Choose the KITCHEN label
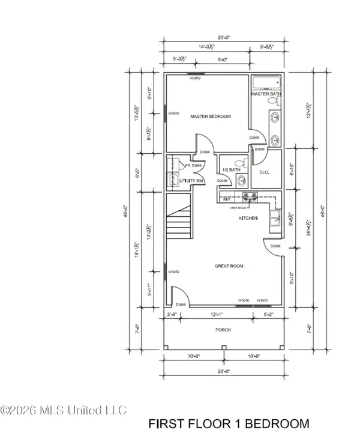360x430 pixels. pos(248,218)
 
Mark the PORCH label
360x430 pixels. pos(223,330)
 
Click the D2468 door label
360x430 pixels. pos(223,180)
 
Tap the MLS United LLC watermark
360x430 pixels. pos(64,411)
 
